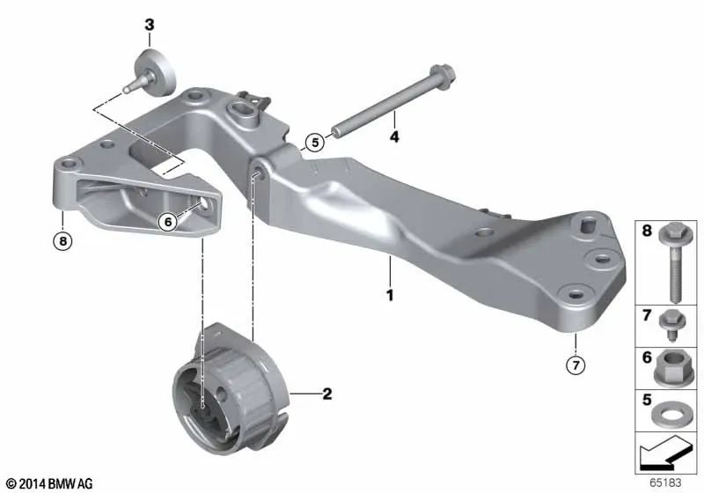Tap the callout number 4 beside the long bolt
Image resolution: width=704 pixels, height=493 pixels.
[x=394, y=137]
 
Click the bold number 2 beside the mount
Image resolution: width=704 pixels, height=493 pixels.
[x=326, y=394]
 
